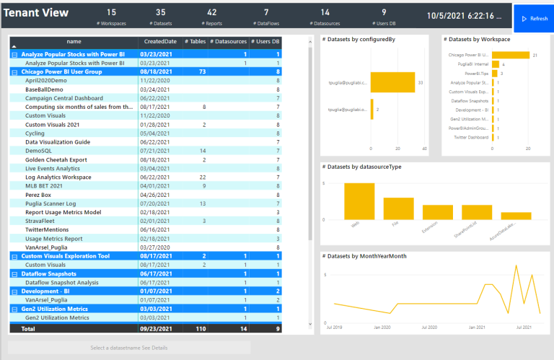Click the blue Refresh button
point(533,18)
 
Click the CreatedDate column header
point(160,42)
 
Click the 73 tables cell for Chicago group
point(202,72)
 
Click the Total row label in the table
point(28,328)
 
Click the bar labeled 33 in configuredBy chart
point(392,83)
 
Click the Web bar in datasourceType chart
point(359,201)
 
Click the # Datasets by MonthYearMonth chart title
point(364,256)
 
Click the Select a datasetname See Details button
point(128,348)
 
